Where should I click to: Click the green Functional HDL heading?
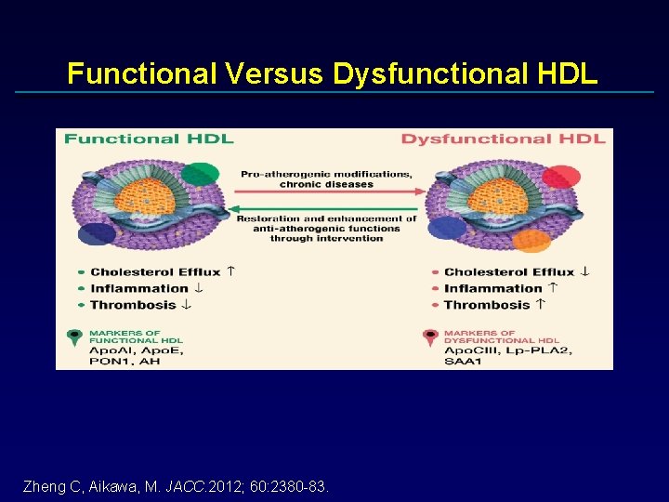click(x=149, y=139)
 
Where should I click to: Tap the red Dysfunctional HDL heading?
click(x=503, y=139)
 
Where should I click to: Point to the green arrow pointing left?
click(x=326, y=207)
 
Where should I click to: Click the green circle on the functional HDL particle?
click(x=200, y=174)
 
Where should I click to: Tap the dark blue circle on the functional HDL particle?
click(x=97, y=234)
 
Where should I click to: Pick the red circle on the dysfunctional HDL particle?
click(x=560, y=177)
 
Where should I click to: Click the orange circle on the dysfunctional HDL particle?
click(x=531, y=241)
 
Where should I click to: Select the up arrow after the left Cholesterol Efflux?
click(x=230, y=271)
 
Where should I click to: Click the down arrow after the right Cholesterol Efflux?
click(x=584, y=271)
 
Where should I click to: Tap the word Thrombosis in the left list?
click(x=133, y=305)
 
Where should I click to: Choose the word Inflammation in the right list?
click(x=492, y=288)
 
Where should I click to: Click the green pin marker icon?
click(x=74, y=338)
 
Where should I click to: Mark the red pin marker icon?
click(x=429, y=338)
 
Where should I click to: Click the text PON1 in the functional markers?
click(x=109, y=361)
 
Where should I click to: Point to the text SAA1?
click(x=464, y=361)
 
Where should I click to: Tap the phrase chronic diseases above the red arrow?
click(x=326, y=184)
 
